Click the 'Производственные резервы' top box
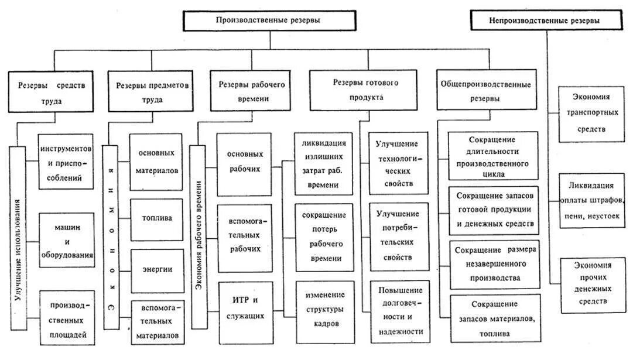268,20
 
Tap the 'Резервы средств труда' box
52,92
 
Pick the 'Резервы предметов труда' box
152,92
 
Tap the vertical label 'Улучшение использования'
18,248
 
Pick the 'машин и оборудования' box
66,239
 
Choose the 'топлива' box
156,218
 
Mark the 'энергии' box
156,269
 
